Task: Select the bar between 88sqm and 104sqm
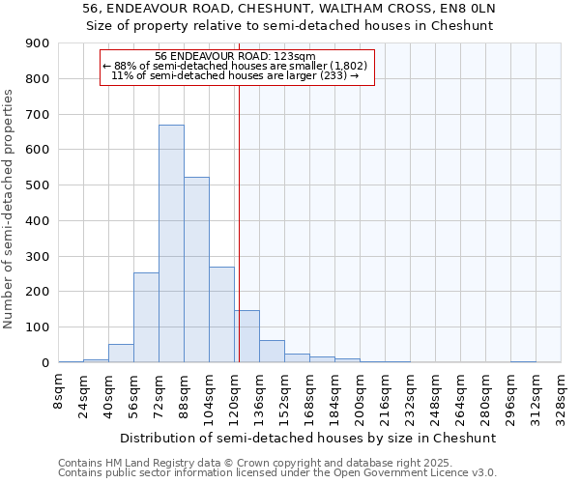(196, 270)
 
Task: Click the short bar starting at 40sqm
(121, 354)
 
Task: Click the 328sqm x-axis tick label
(562, 399)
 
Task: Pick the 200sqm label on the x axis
(361, 399)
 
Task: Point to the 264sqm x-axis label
(461, 399)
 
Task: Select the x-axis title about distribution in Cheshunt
(309, 438)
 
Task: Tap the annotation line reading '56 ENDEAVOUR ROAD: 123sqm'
(235, 57)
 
